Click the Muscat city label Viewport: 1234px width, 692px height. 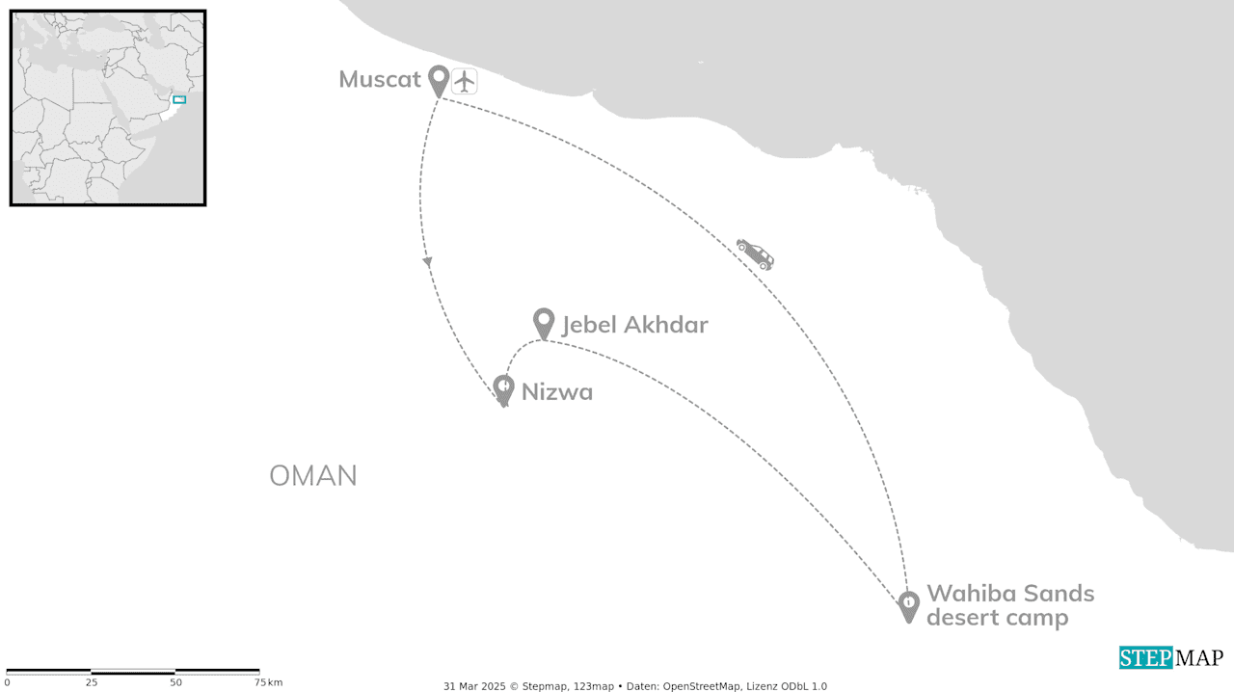[x=380, y=79]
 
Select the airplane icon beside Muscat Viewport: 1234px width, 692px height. [x=465, y=81]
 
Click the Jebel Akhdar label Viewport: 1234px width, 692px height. [x=634, y=325]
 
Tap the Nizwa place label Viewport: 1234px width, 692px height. [x=556, y=392]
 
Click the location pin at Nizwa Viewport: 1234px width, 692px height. [x=503, y=388]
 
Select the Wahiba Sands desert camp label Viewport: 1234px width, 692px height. [x=1009, y=604]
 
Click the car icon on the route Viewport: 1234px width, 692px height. [x=755, y=253]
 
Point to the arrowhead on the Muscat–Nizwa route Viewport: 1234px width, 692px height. [x=427, y=261]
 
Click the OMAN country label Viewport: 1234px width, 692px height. [x=313, y=476]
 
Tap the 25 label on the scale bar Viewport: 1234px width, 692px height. [x=91, y=683]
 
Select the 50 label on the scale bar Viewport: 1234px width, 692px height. [x=175, y=683]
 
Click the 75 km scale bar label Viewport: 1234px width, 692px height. [x=268, y=683]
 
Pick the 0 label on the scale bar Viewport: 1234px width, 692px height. [x=7, y=683]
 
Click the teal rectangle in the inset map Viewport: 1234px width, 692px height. [x=178, y=99]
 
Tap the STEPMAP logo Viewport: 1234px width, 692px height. [x=1170, y=658]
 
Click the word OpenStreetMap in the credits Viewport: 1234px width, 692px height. [x=702, y=686]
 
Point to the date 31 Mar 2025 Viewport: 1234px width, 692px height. [x=474, y=686]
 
